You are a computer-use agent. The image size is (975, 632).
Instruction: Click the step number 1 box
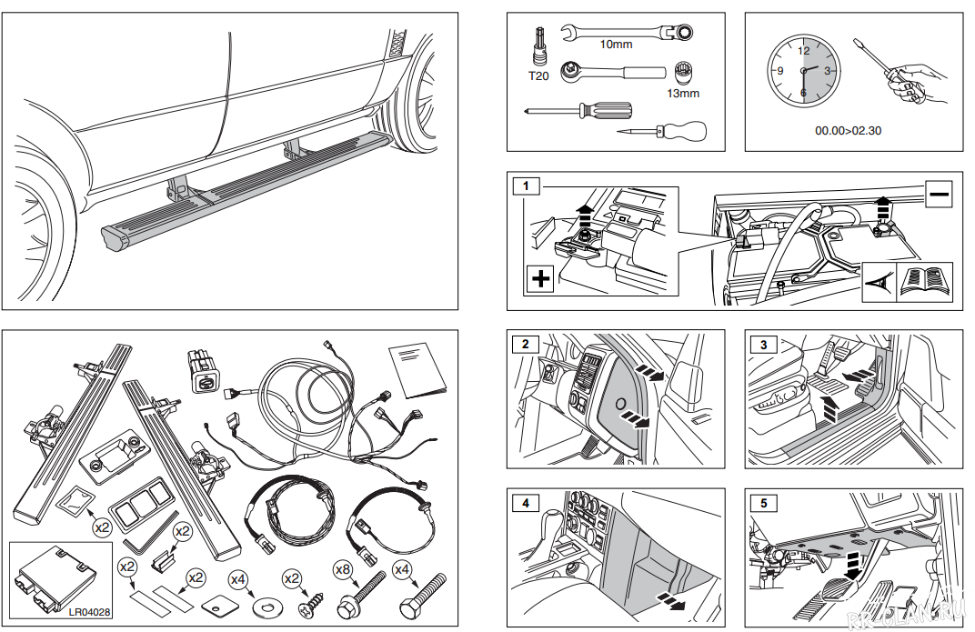(x=526, y=186)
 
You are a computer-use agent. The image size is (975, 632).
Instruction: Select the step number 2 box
(x=526, y=344)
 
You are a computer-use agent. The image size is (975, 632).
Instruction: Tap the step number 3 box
(x=764, y=344)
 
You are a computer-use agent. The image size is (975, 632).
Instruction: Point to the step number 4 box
(x=526, y=502)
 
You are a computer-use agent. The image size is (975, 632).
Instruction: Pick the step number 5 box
(x=764, y=502)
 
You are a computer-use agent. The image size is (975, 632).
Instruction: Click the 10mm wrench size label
(x=616, y=45)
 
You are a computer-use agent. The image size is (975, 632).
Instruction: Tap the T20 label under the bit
(x=538, y=76)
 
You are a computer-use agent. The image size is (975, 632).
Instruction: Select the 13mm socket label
(x=682, y=93)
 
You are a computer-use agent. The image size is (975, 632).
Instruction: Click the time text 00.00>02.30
(x=848, y=131)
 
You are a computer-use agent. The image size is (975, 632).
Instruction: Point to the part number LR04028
(x=89, y=613)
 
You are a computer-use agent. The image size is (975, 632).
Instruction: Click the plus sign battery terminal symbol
(x=540, y=279)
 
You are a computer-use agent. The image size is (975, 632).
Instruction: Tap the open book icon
(x=924, y=283)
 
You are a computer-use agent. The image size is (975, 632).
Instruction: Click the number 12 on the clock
(x=803, y=52)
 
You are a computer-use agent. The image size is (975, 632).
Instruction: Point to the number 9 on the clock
(x=779, y=71)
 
